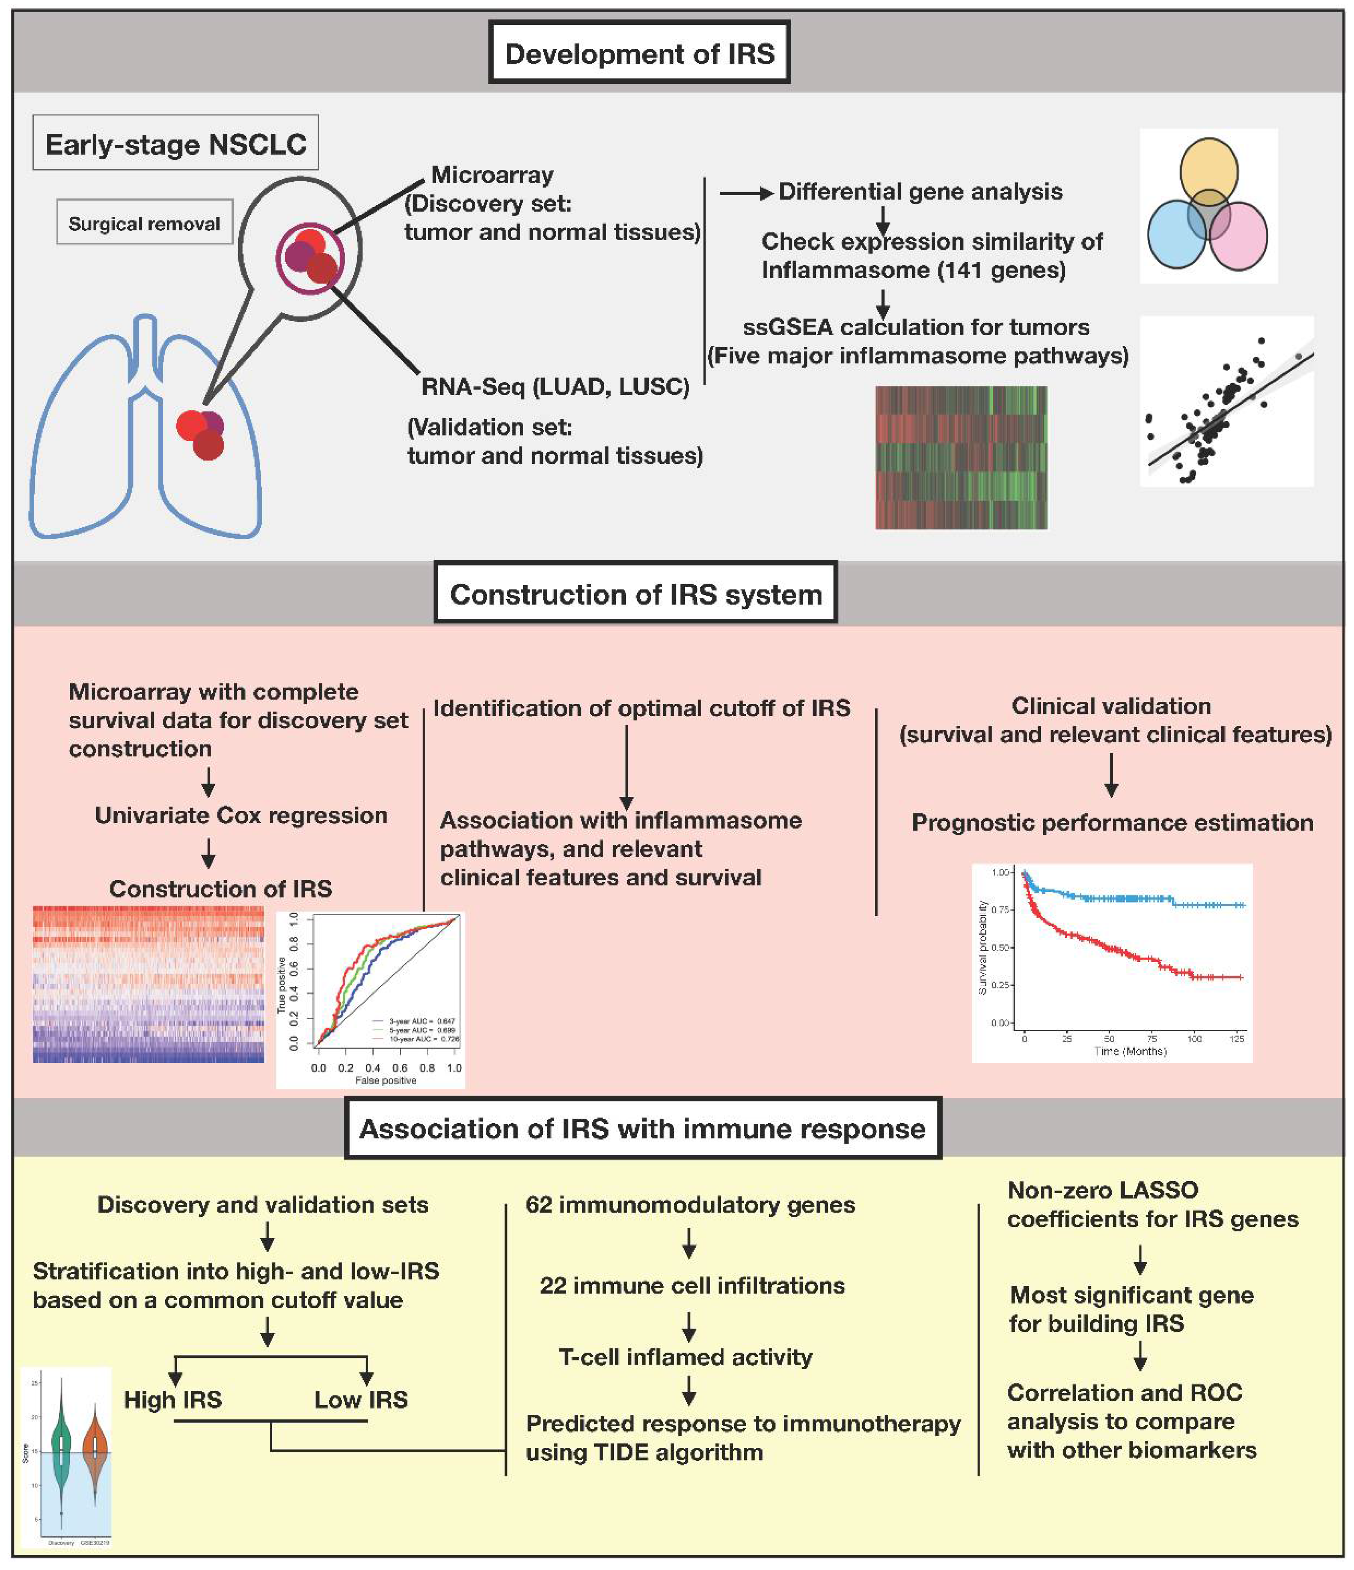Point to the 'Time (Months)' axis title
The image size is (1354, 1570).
1129,1052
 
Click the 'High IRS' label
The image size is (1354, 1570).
173,1400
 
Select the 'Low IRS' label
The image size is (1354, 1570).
361,1400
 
